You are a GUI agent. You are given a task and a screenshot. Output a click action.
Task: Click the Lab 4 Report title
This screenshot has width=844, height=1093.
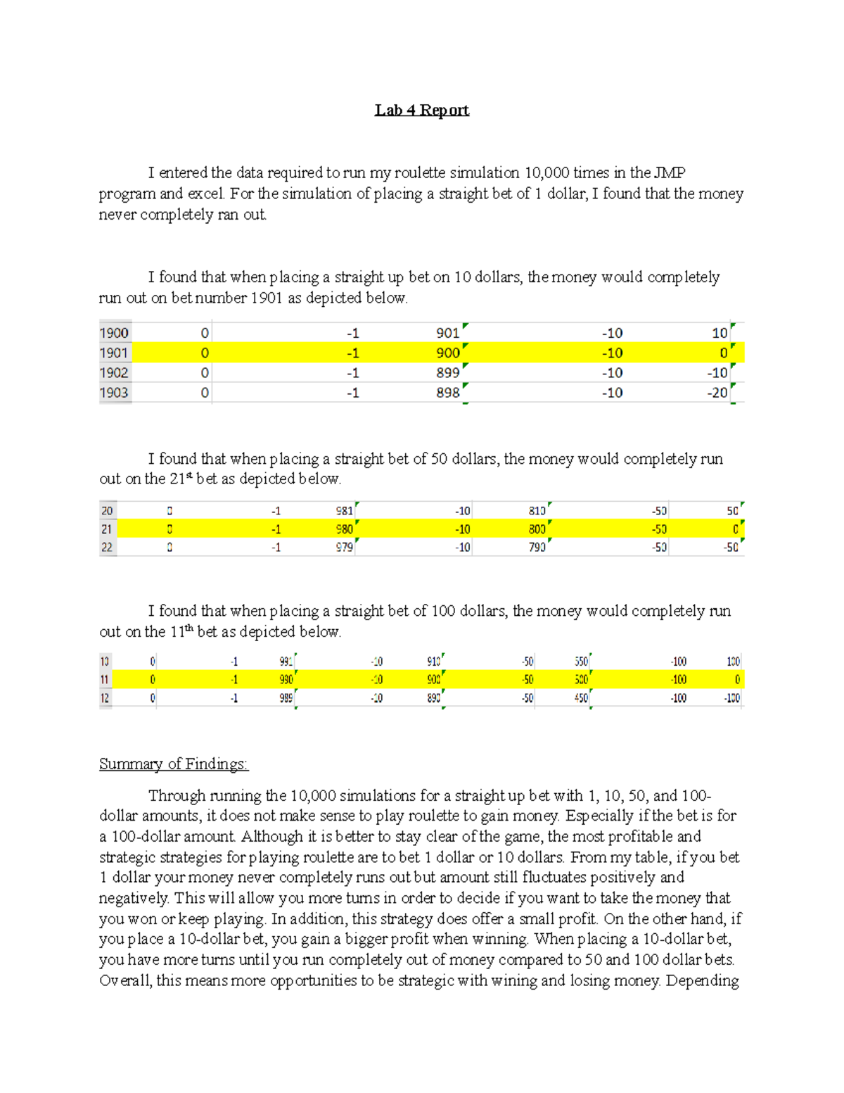421,110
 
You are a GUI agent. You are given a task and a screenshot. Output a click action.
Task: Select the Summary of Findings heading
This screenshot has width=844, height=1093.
173,764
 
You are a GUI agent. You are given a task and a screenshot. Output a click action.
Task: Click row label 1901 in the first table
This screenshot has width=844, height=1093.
114,353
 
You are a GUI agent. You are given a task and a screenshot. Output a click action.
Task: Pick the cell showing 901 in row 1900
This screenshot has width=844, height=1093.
447,333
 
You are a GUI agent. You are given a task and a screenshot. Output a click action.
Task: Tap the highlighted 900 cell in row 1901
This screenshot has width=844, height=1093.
447,353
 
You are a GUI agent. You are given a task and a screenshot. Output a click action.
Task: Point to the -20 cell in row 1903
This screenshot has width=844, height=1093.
717,393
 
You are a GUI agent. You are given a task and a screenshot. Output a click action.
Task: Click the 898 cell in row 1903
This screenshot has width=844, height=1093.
447,393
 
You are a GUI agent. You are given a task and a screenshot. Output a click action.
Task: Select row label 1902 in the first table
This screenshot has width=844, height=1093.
114,373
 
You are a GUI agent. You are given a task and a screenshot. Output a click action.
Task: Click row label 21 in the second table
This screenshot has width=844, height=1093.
107,529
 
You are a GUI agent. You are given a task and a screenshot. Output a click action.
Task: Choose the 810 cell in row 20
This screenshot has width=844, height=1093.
537,511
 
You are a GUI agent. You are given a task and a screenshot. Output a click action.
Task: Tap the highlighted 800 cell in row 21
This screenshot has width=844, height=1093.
537,529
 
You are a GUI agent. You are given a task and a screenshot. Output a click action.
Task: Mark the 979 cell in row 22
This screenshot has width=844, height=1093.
344,547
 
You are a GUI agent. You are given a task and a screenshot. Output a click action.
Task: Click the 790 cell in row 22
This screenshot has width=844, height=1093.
537,547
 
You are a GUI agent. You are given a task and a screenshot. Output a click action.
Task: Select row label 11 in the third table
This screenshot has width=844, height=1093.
105,680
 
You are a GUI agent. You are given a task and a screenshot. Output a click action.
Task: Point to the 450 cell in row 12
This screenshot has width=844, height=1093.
581,698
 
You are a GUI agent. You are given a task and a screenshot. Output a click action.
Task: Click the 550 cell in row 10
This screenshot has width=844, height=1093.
581,662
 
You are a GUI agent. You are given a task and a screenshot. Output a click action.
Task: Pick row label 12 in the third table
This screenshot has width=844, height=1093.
105,698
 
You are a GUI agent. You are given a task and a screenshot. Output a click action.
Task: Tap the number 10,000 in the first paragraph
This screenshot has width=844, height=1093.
546,173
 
